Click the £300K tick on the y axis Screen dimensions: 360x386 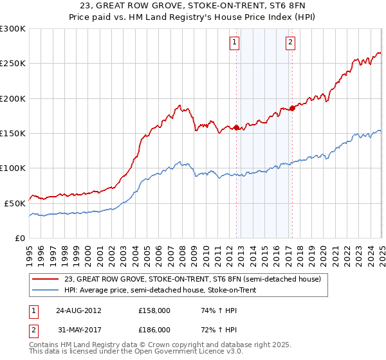click(x=13, y=29)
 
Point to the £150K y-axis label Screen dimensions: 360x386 click(x=13, y=133)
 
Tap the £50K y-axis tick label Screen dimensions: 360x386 click(x=15, y=203)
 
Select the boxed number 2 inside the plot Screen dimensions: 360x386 click(x=290, y=43)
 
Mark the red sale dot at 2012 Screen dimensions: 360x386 click(x=236, y=127)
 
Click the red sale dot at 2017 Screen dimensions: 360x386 click(x=293, y=108)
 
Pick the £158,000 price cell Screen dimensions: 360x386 click(x=154, y=310)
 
